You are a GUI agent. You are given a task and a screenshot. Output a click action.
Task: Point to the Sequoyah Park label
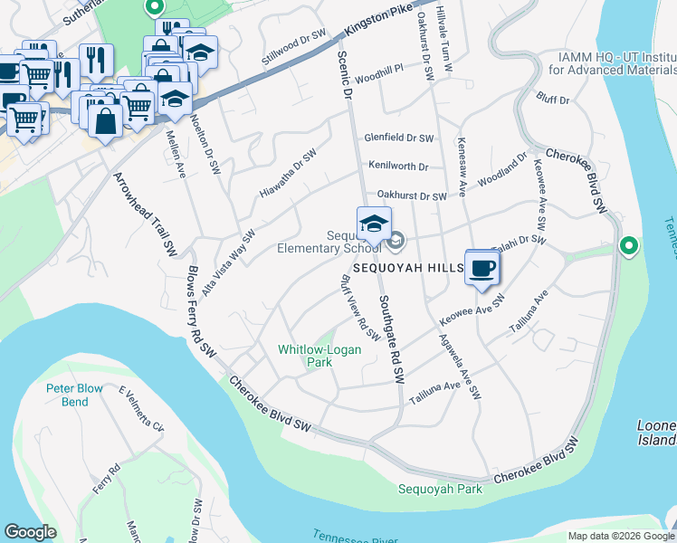[440, 490]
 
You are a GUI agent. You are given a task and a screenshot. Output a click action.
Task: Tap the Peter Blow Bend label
[80, 395]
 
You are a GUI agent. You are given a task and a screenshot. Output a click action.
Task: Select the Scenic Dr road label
[345, 73]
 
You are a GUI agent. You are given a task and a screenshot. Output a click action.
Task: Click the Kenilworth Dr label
[398, 167]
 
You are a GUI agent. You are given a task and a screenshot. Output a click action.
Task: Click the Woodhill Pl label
[378, 80]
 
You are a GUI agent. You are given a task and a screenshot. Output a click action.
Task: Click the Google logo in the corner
[31, 532]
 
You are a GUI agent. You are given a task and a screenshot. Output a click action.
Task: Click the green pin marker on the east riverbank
[627, 245]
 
